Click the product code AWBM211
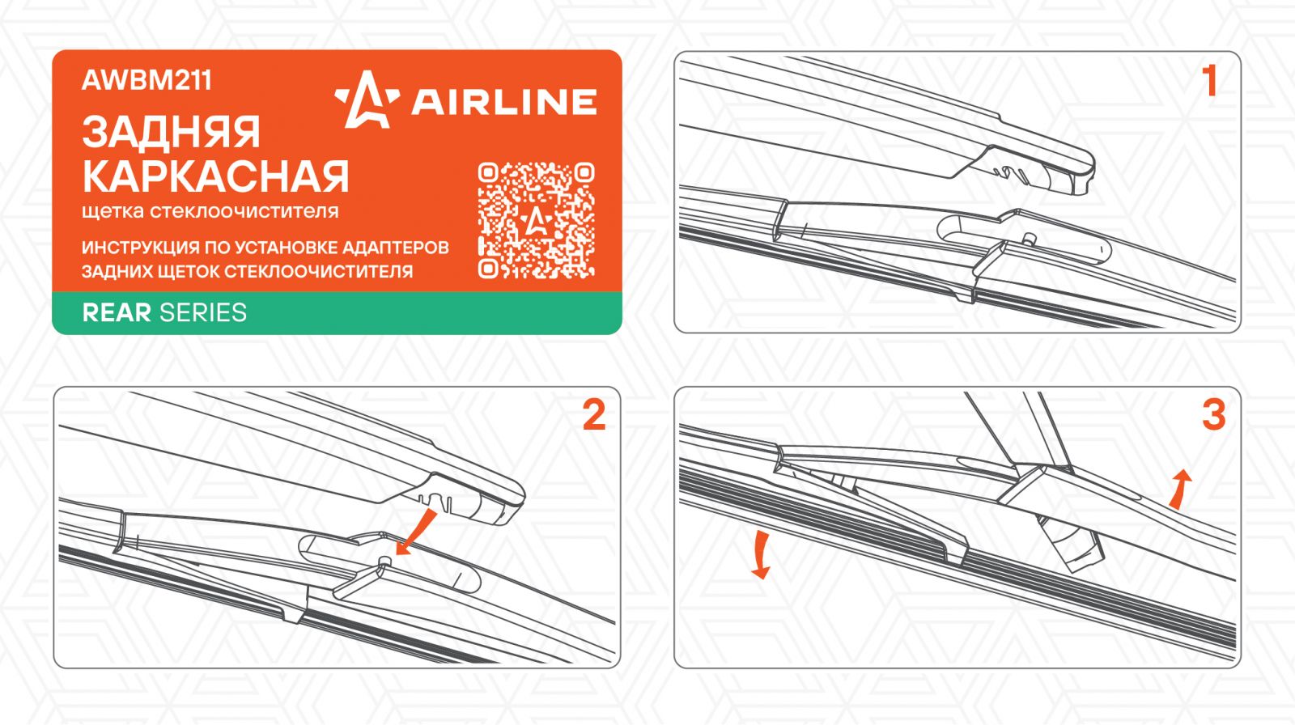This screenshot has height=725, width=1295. point(146,80)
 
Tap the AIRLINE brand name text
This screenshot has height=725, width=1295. point(503,102)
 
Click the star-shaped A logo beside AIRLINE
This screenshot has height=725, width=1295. point(367,100)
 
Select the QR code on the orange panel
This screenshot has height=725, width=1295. point(536,220)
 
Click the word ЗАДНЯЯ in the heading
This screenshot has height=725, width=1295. point(171,133)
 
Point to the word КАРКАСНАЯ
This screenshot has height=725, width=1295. point(215,176)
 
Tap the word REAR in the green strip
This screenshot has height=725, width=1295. point(117,313)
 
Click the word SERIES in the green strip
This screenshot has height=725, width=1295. point(203,313)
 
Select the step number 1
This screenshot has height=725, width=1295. point(1209,81)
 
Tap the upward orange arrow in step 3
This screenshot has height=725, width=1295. point(1179,489)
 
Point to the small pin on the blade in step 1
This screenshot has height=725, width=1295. point(1029,239)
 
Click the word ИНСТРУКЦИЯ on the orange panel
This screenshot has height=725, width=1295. point(140,248)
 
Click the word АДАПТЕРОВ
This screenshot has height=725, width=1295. point(396,248)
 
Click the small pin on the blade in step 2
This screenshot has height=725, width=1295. point(384,561)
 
